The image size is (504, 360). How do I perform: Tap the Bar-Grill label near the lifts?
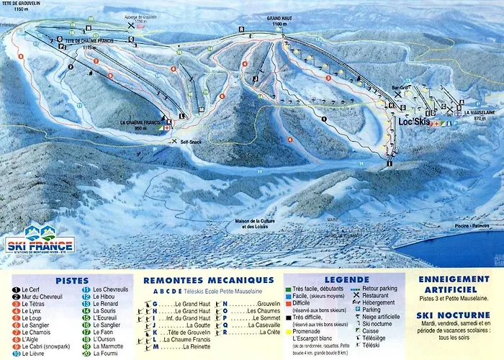[400, 89]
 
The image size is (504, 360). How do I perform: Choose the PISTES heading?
[71, 280]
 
